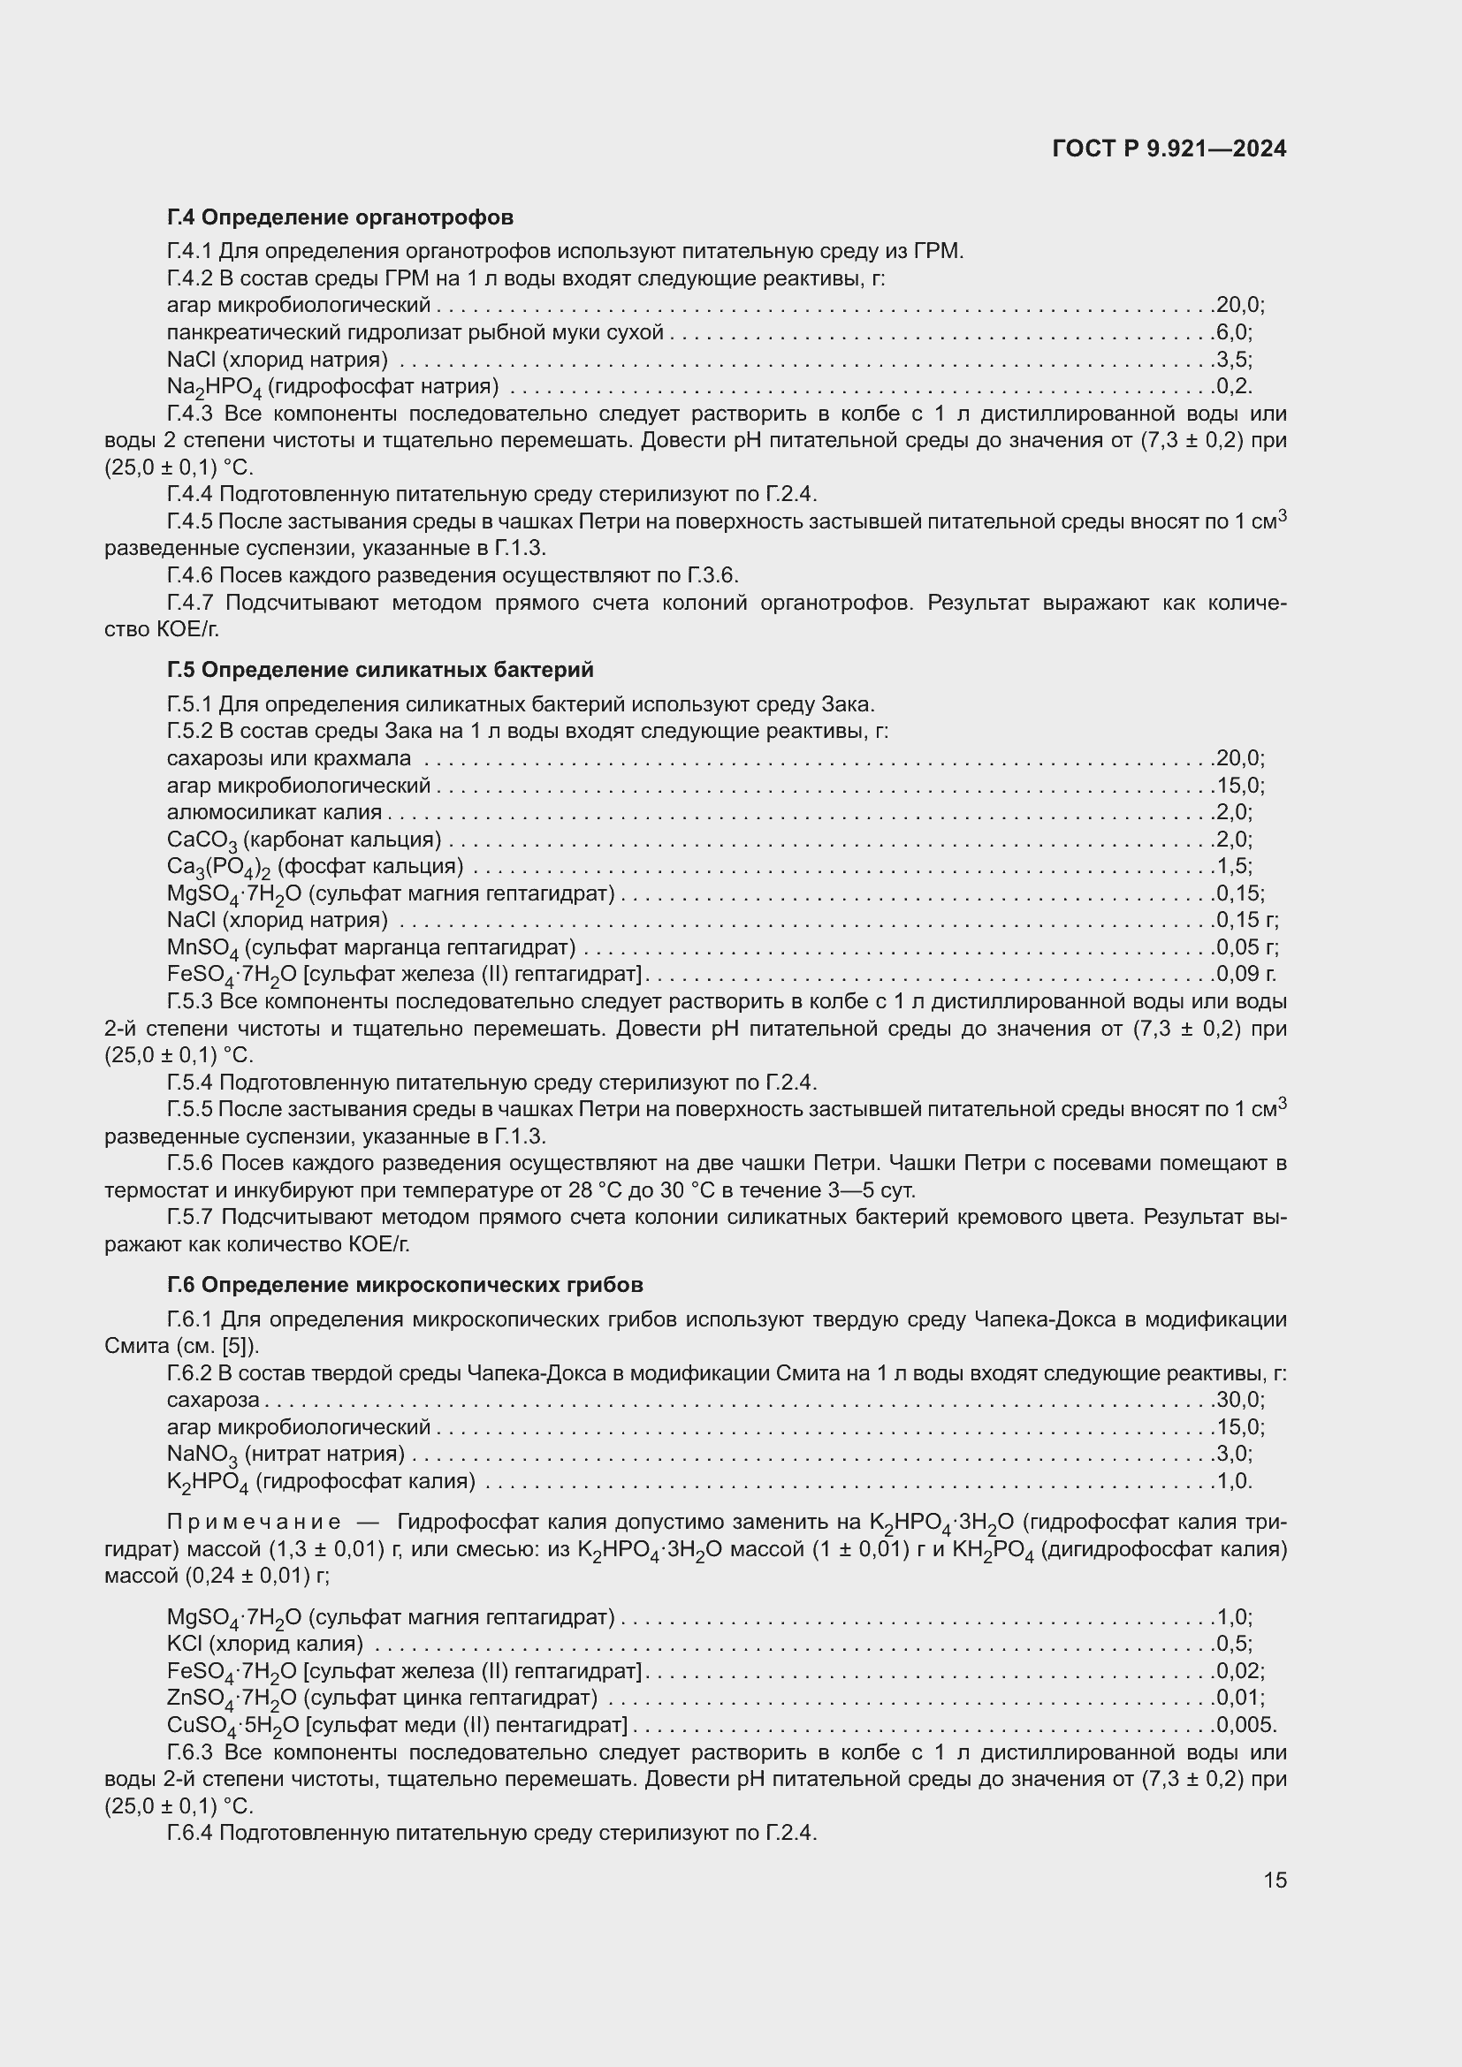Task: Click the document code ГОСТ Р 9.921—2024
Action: [1169, 148]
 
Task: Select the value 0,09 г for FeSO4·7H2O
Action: [1246, 974]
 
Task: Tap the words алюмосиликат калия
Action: [274, 813]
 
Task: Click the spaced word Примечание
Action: [254, 1523]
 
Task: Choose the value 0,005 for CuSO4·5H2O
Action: [1246, 1726]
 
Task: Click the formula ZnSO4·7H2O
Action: [232, 1698]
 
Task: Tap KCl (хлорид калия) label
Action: [264, 1644]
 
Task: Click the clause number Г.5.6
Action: [190, 1164]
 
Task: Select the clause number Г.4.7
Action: [190, 604]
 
